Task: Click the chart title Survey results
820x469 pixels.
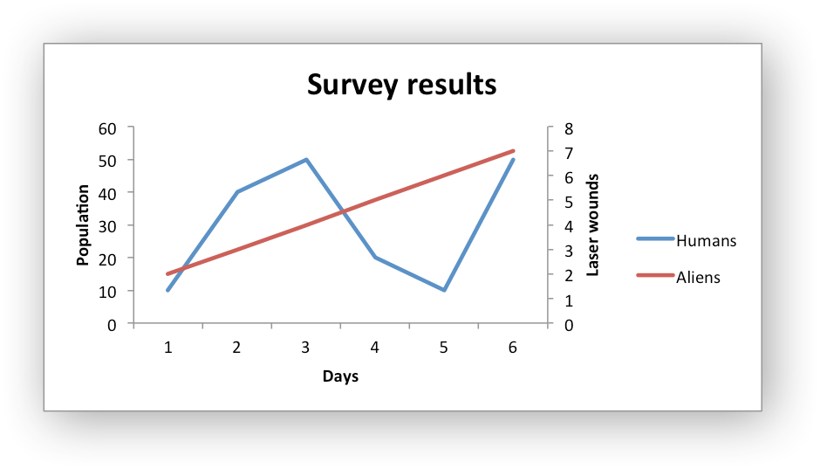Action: [401, 85]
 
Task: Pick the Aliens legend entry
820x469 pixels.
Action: [698, 278]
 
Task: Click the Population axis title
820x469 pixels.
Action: [84, 225]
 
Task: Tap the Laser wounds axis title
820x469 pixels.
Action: [593, 225]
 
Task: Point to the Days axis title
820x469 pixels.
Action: [340, 376]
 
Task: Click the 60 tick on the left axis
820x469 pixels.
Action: [107, 128]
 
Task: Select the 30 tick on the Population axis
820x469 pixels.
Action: [107, 225]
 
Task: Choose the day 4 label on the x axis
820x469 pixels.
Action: [374, 348]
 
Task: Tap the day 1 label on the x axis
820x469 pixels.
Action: [167, 348]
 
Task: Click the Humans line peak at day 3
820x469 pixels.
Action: [306, 160]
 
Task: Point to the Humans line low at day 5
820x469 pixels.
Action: [444, 290]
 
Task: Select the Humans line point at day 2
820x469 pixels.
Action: [237, 192]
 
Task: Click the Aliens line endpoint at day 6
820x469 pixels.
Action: [513, 151]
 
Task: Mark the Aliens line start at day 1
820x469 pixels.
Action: [167, 274]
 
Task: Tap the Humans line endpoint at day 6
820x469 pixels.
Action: [513, 160]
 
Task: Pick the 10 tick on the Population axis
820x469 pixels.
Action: [107, 291]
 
